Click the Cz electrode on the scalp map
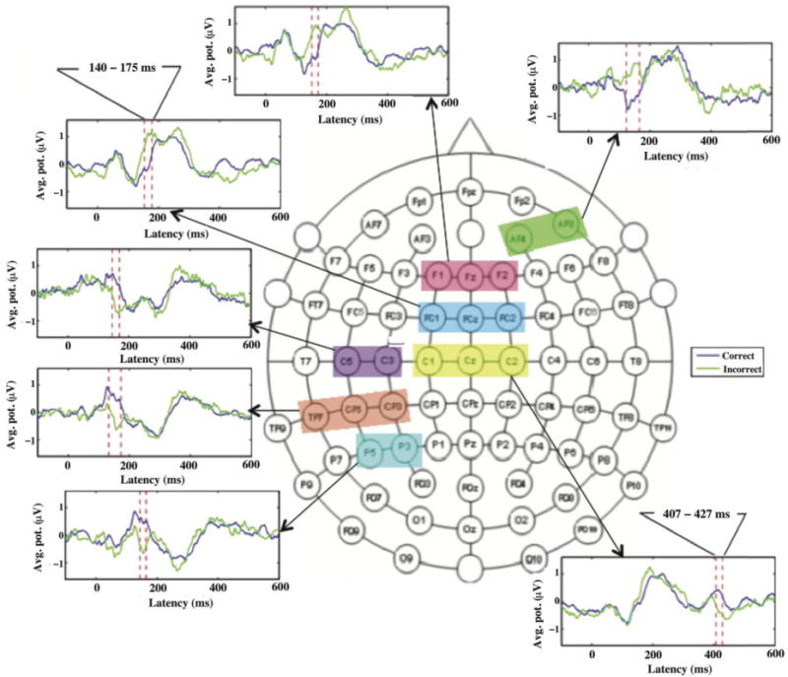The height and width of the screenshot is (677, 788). point(471,361)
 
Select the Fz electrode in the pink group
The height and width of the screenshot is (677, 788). point(470,273)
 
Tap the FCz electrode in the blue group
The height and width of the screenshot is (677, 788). point(470,317)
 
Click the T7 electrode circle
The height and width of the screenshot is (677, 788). point(304,363)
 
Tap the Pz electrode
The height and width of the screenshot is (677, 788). point(471,446)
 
